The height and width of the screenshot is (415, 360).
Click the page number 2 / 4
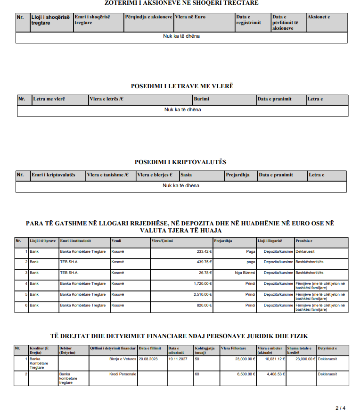pos(340,408)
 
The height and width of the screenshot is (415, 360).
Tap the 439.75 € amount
pos(204,262)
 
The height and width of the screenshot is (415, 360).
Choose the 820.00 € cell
pos(204,305)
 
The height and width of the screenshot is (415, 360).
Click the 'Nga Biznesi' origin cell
pos(245,273)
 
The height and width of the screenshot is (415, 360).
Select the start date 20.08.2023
pos(149,359)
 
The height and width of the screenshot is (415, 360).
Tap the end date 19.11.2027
pos(178,359)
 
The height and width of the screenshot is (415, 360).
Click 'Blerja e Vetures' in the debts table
pos(123,359)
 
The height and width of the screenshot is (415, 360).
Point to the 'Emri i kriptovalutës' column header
pos(53,175)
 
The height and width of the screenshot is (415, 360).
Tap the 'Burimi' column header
pos(201,100)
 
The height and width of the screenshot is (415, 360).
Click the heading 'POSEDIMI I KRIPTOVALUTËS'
pos(180,162)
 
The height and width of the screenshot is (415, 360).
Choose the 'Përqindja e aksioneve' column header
pos(148,17)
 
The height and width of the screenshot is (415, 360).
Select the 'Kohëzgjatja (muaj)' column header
pos(205,350)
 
